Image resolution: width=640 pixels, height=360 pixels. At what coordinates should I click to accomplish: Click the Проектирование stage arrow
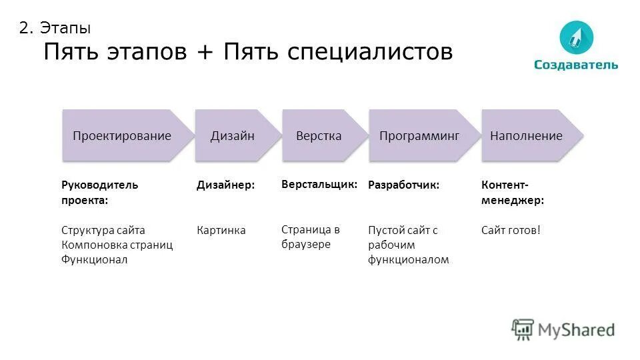coord(122,136)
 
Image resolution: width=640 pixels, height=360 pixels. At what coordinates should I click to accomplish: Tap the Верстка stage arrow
coord(320,136)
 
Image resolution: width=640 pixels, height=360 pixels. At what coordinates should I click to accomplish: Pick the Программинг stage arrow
coord(420,136)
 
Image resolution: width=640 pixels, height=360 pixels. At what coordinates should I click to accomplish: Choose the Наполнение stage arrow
coord(527,136)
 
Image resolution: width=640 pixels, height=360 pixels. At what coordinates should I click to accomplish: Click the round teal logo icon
coord(576,37)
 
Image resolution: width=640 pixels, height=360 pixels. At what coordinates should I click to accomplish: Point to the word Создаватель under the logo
coord(576,65)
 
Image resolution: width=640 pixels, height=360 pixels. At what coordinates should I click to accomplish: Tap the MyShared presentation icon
coord(523,329)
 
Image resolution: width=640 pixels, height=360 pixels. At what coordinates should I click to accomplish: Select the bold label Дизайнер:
coord(225,185)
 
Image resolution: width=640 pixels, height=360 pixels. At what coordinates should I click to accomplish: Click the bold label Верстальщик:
coord(319,183)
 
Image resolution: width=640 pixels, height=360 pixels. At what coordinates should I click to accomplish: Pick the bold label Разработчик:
coord(404,185)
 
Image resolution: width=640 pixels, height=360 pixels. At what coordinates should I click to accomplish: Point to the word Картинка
coord(221,231)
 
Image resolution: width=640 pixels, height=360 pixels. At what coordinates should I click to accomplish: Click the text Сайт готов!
coord(511,231)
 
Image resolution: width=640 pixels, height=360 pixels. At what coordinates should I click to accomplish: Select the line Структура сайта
coord(103,231)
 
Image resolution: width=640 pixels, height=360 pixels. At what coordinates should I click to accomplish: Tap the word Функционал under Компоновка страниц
coord(94,260)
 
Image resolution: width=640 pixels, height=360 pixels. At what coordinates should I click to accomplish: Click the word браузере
coord(306,245)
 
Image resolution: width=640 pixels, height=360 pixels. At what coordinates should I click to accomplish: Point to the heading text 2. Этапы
coord(55,28)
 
